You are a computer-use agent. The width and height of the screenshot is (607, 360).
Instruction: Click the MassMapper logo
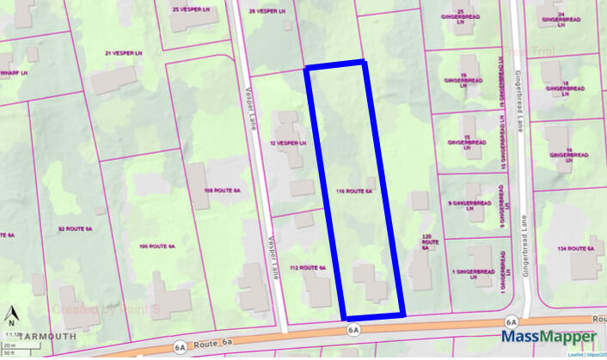tap(549, 338)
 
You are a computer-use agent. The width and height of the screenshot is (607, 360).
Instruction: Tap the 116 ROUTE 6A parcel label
tap(355, 192)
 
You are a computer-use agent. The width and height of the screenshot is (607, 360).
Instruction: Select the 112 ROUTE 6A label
tap(307, 268)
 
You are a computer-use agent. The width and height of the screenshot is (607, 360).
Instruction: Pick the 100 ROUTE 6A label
tap(156, 247)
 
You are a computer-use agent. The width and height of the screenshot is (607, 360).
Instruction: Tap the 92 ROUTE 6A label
tap(74, 229)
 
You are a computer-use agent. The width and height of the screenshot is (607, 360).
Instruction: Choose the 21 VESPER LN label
tap(121, 53)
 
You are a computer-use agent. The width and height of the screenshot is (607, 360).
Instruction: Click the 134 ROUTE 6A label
tap(576, 248)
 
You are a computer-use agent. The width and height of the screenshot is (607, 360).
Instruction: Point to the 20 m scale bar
tap(9, 345)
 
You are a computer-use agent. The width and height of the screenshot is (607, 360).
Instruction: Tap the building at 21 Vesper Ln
tap(114, 79)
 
